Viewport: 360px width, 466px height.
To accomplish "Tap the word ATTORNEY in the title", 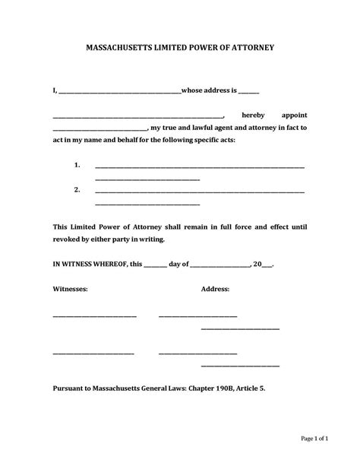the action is pyautogui.click(x=250, y=47).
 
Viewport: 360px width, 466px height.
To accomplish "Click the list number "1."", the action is pyautogui.click(x=77, y=165).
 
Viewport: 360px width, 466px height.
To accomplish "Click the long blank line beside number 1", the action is pyautogui.click(x=200, y=166).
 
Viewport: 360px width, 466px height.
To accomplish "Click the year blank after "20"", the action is pyautogui.click(x=267, y=266).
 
